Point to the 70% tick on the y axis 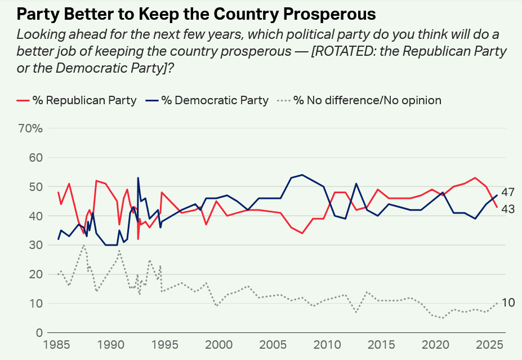[31, 128]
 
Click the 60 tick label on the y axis [36, 158]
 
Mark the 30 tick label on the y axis [36, 245]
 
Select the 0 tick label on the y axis [39, 332]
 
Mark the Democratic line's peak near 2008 [302, 175]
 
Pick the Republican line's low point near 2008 [302, 233]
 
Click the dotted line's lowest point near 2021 [443, 318]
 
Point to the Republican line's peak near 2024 [475, 178]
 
